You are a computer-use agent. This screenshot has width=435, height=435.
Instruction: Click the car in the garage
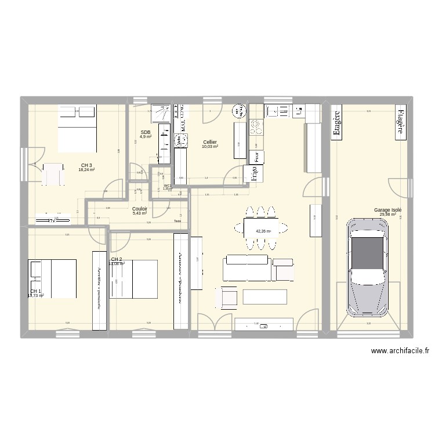(x=367, y=268)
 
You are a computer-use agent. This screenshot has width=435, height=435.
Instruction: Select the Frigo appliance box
(x=253, y=173)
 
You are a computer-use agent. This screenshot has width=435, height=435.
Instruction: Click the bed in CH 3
(x=77, y=126)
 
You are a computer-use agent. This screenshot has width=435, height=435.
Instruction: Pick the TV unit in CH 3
(x=52, y=220)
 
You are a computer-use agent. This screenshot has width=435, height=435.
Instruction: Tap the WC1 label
(x=167, y=186)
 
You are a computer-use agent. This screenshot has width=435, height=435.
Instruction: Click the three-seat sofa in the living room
(x=247, y=267)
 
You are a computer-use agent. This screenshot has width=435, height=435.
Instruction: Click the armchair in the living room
(x=227, y=298)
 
